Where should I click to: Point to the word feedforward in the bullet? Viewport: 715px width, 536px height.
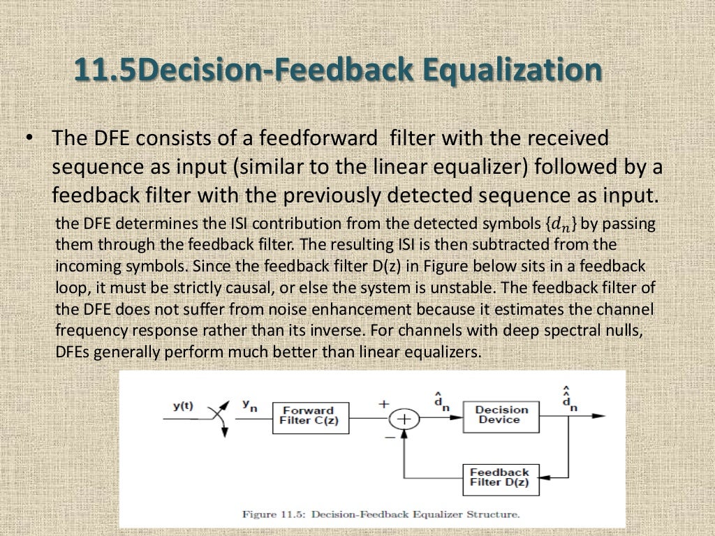coord(328,138)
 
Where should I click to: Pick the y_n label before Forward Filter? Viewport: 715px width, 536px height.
coord(249,405)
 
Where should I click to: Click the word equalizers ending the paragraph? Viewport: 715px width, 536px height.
coord(448,352)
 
